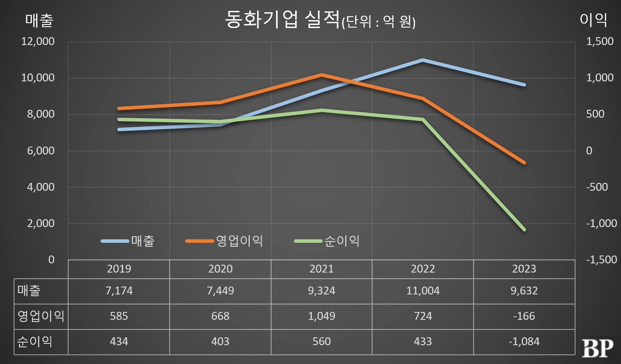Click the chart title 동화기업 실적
coord(282,20)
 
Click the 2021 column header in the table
coord(321,269)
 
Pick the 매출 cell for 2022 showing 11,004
coord(423,290)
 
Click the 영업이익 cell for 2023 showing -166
coord(524,316)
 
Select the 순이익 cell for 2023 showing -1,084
coord(524,341)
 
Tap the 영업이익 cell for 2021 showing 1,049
coord(321,316)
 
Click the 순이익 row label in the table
coord(35,341)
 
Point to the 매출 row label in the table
coord(29,290)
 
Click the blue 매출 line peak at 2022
coord(423,60)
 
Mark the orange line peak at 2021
coord(321,75)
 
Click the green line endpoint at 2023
coord(524,229)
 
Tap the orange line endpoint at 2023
coord(524,163)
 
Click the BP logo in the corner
coord(597,348)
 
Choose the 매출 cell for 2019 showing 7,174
coord(119,290)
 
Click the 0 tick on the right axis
coord(589,151)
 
